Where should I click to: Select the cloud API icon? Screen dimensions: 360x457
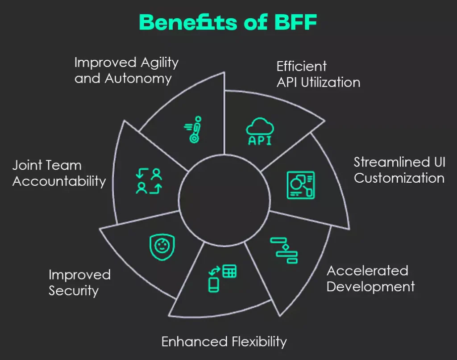tap(260, 132)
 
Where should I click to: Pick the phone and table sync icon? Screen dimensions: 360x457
tap(222, 278)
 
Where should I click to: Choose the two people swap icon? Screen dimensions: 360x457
tap(149, 181)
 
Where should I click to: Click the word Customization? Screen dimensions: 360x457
tap(399, 178)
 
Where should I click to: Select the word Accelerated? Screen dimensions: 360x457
tap(367, 271)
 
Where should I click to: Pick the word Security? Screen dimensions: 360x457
tap(74, 291)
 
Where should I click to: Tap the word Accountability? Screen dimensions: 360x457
tap(59, 181)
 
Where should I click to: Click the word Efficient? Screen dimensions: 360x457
tap(302, 67)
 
